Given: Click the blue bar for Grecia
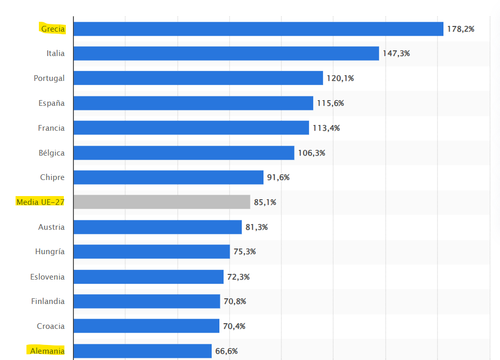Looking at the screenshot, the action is tap(258, 29).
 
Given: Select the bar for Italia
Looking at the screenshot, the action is tap(226, 53).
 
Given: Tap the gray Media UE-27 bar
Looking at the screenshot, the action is tap(162, 202).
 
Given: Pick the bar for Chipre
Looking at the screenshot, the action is tap(169, 177).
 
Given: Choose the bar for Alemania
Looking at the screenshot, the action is tap(143, 351).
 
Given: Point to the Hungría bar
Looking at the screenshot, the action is tap(151, 252).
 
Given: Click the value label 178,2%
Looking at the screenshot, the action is tap(461, 29).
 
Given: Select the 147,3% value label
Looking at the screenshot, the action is tap(396, 53).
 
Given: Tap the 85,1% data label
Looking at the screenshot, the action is tap(265, 202).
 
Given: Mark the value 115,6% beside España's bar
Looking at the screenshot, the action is tap(330, 103).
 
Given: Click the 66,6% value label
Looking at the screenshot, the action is tap(227, 351).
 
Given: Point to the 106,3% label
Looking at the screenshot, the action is tap(312, 153).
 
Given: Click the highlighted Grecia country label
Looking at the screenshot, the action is tap(53, 29).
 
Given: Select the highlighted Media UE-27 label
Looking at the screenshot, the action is tap(40, 202).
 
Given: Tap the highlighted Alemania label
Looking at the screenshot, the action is tap(47, 351).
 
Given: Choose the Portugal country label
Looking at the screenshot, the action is tap(49, 78).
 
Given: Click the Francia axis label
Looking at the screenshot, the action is tap(51, 128).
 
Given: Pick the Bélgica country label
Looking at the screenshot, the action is tap(52, 153).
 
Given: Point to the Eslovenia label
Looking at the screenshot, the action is tap(48, 277).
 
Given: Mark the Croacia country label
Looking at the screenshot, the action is tap(51, 326).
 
